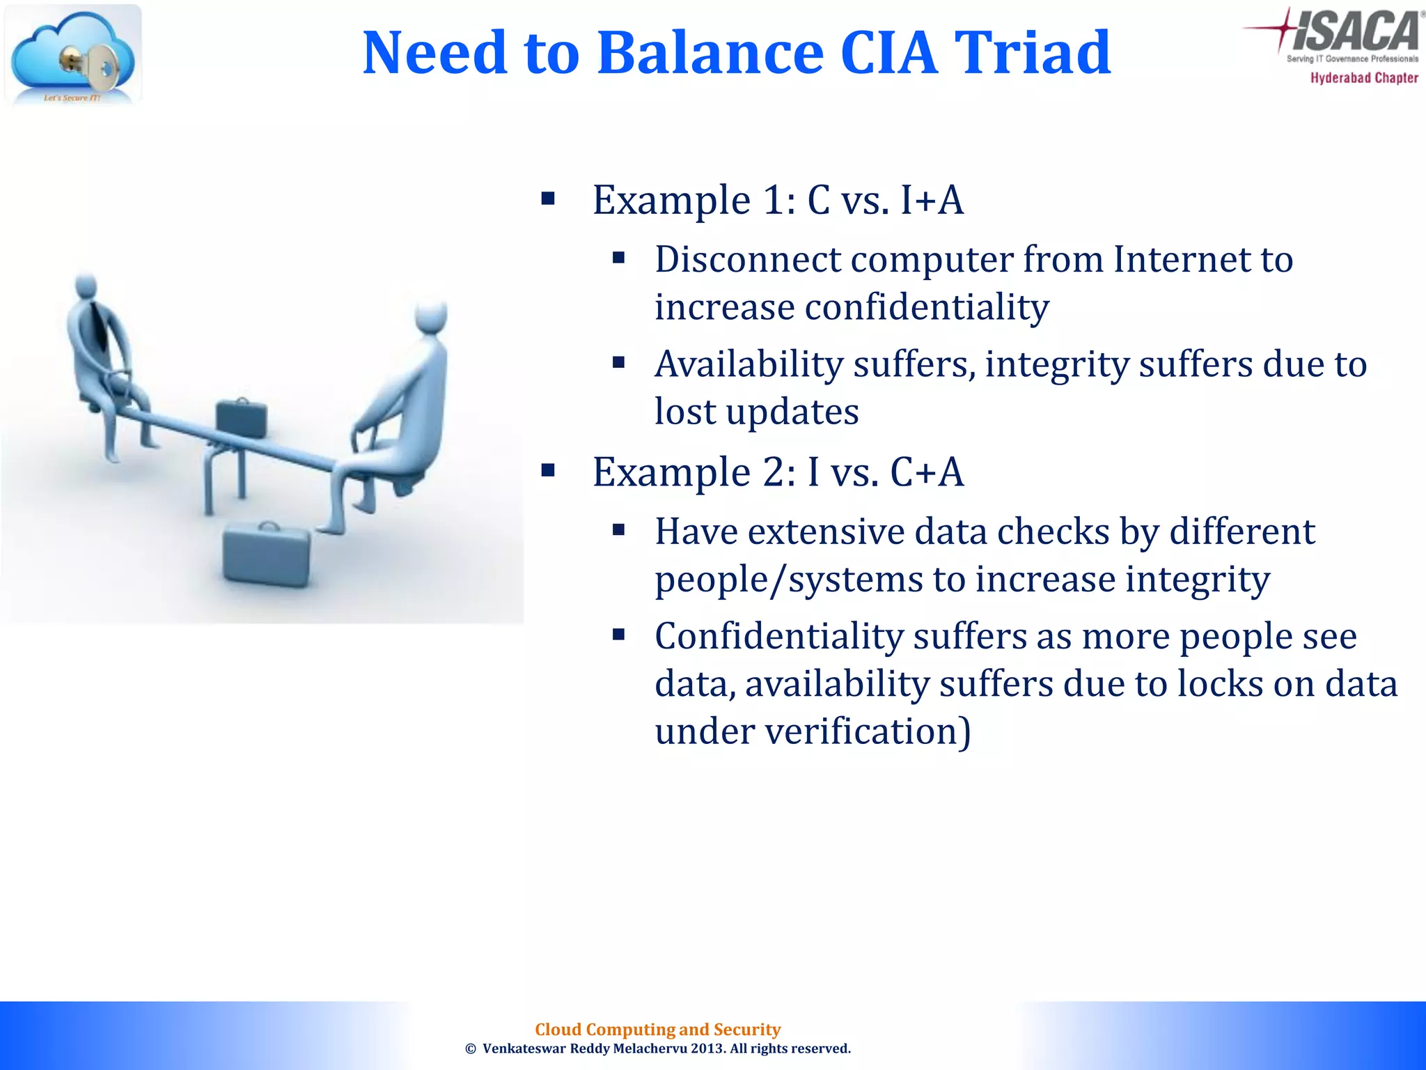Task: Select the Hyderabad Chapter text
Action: [1363, 78]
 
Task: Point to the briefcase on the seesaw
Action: [241, 418]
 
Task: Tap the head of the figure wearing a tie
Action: [85, 286]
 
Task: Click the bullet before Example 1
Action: [548, 200]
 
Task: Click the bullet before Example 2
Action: [548, 472]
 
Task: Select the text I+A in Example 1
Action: [932, 201]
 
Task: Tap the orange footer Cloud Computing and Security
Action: [657, 1029]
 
